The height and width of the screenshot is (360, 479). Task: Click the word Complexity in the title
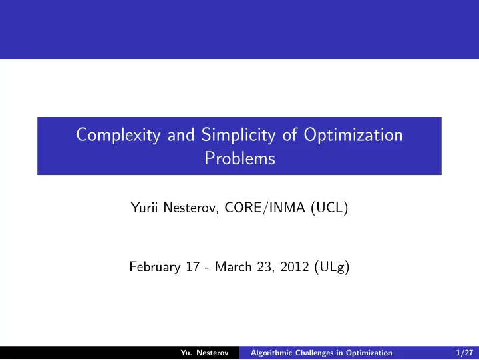[118, 135]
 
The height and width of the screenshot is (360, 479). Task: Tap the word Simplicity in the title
[238, 135]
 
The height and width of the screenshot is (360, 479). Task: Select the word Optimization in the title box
[353, 135]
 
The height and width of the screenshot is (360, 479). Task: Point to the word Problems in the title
[239, 158]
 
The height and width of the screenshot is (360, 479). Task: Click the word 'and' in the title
[181, 135]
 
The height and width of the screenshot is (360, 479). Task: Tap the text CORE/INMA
[265, 208]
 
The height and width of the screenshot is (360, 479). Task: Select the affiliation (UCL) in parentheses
[329, 208]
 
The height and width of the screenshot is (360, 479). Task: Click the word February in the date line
[155, 267]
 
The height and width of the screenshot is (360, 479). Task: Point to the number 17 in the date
[193, 267]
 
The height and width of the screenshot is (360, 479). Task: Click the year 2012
[295, 267]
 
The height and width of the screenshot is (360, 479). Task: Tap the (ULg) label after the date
[332, 267]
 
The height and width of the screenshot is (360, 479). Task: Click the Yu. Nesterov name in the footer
[204, 353]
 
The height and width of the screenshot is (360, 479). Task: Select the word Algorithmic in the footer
[271, 353]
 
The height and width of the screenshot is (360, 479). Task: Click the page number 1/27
[464, 353]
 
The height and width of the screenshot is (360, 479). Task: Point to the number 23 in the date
[264, 267]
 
